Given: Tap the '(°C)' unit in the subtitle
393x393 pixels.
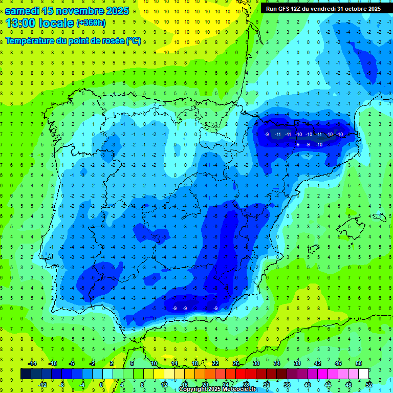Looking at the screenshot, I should [133, 40].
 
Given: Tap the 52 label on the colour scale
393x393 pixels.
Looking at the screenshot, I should [368, 384].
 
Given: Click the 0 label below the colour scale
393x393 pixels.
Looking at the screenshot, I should [101, 384].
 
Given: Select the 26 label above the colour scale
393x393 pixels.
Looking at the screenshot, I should [236, 363].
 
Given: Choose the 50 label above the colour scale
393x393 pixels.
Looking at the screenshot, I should [358, 363].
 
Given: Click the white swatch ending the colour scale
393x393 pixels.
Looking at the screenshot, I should [363, 374].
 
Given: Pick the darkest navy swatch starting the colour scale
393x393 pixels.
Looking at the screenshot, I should [26, 374].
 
